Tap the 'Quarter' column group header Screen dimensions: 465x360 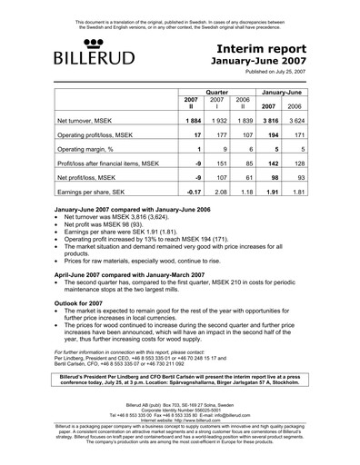(215, 93)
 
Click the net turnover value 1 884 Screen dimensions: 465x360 (190, 121)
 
